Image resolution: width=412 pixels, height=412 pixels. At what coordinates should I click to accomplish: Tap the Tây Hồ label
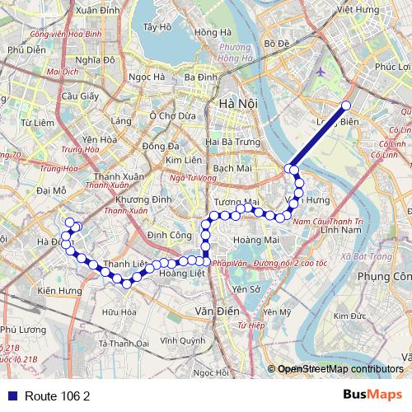point(156,26)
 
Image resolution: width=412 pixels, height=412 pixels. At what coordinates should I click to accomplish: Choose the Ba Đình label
point(200,77)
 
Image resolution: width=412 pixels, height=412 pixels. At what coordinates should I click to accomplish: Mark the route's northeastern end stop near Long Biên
point(346,105)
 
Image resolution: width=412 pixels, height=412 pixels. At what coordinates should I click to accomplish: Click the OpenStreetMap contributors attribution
point(341,369)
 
